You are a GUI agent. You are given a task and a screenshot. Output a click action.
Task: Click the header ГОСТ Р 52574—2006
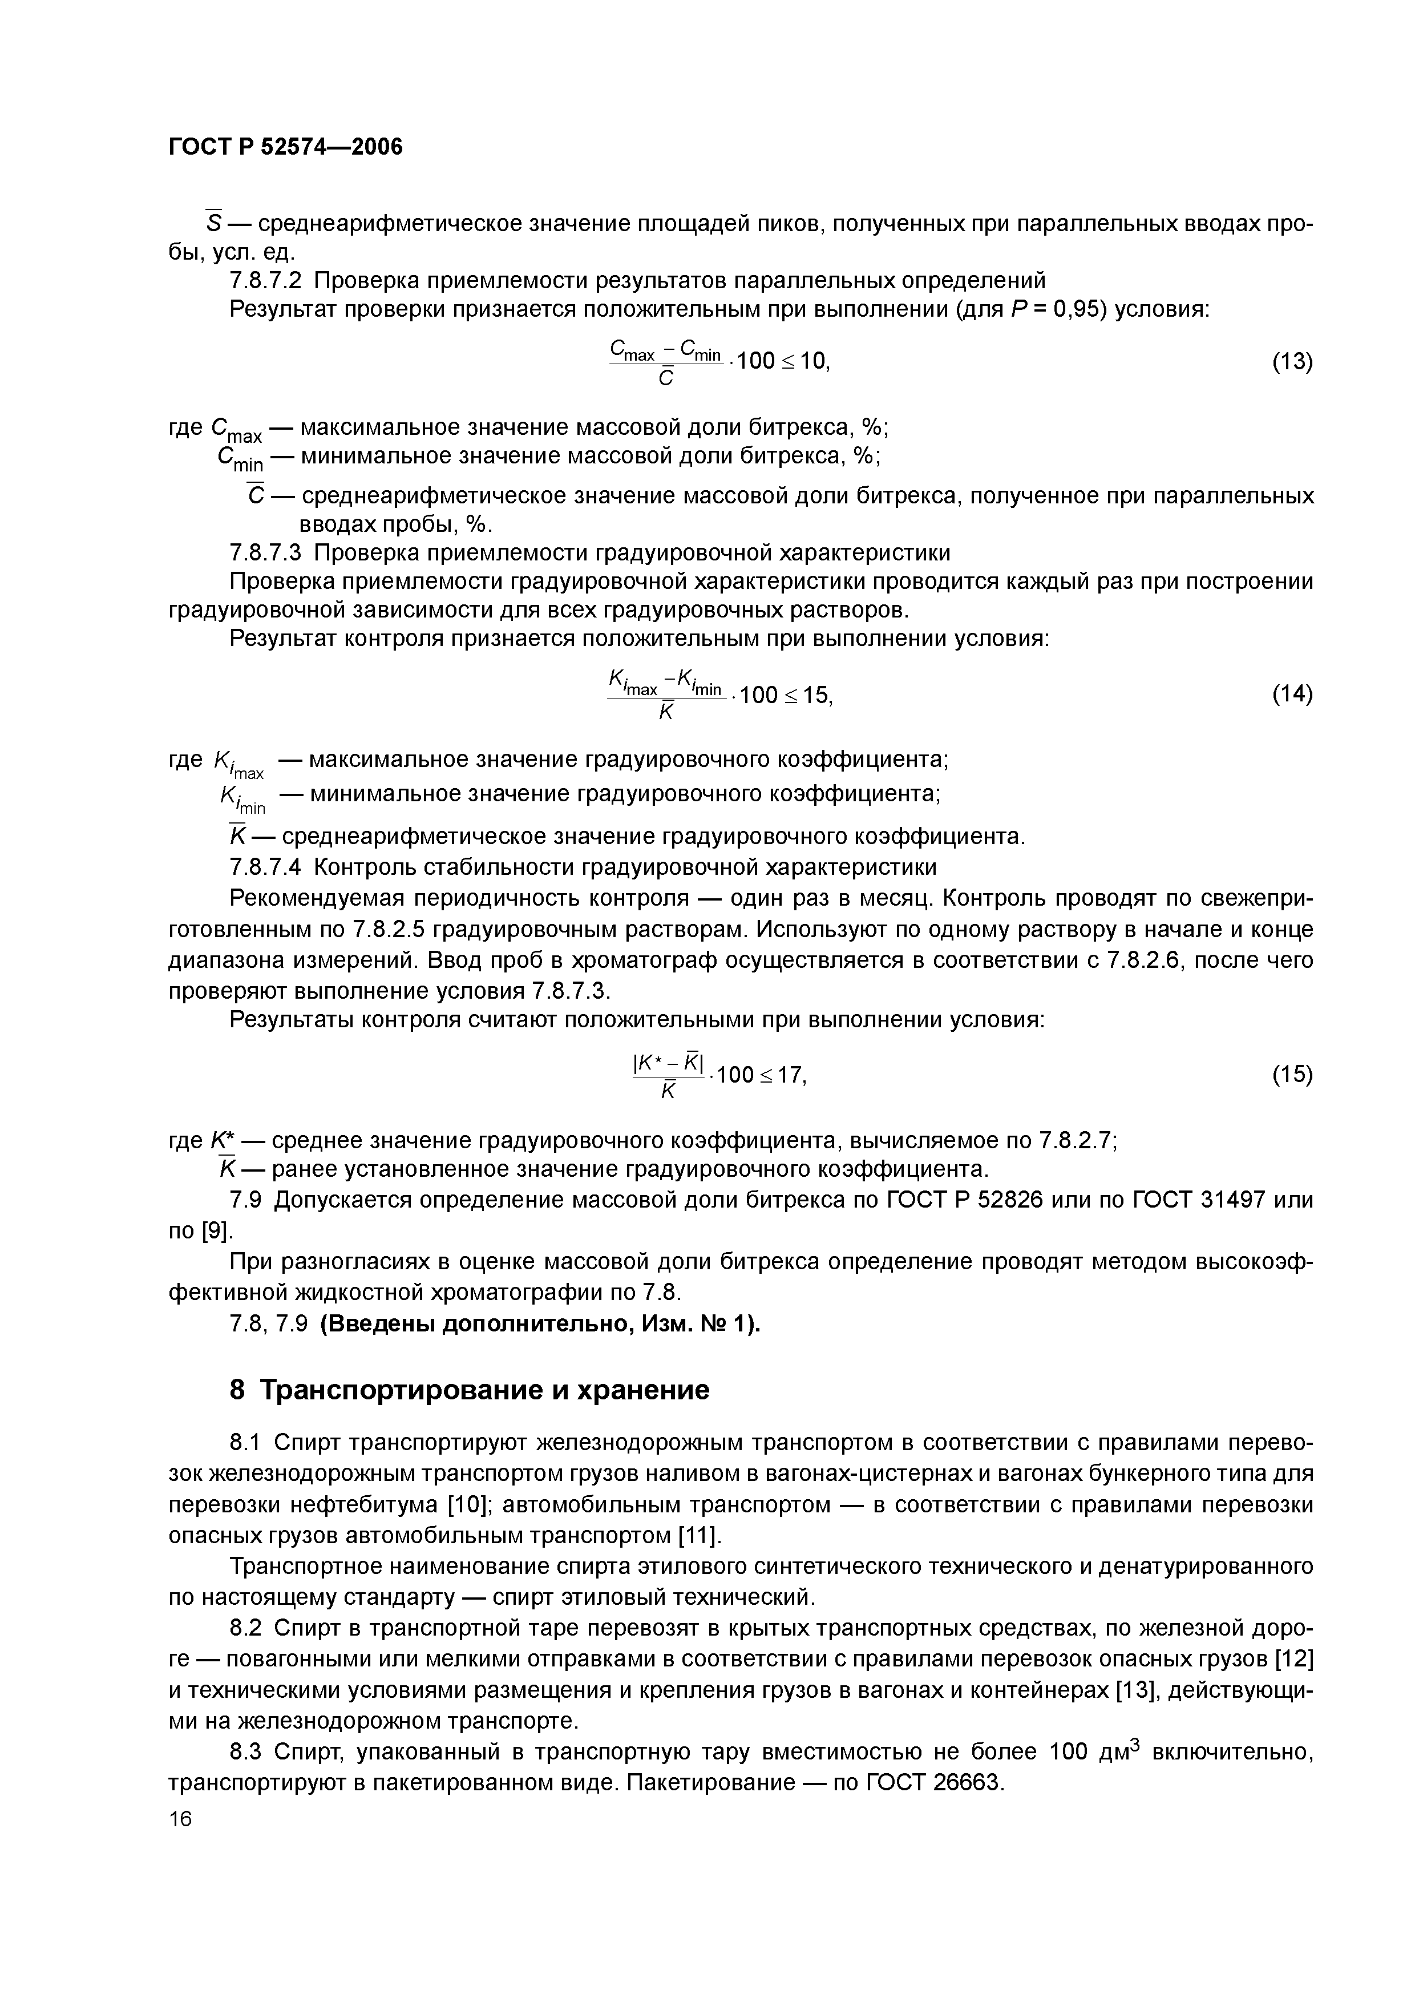point(285,147)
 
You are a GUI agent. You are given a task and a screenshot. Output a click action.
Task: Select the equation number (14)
point(1291,694)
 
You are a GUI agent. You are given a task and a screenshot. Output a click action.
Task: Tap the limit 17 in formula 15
point(790,1075)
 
